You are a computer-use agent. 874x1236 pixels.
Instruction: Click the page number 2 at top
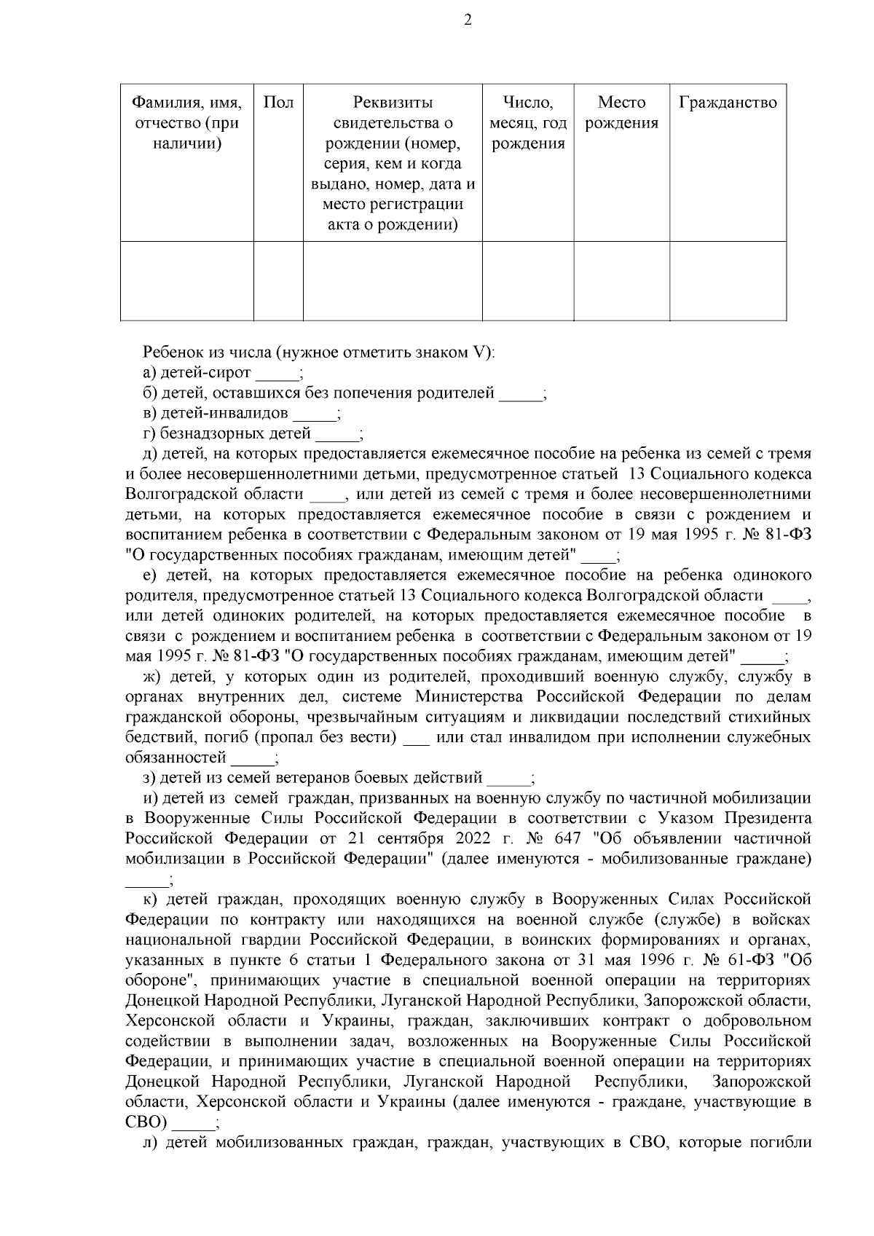468,20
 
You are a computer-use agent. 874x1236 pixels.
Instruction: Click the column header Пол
278,103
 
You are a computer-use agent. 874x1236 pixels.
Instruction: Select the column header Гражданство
728,103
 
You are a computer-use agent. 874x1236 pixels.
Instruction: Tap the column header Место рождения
621,113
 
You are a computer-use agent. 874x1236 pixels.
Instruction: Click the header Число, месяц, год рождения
528,123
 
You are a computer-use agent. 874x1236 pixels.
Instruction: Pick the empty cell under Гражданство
728,280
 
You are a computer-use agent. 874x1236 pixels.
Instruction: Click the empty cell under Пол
278,280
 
